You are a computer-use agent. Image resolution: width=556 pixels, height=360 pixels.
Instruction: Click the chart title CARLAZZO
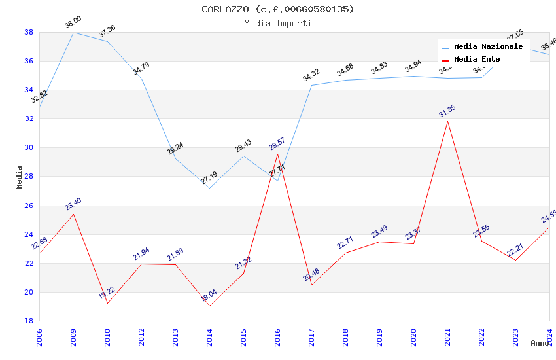(277, 9)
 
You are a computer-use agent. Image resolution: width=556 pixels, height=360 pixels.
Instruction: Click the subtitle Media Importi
(277, 24)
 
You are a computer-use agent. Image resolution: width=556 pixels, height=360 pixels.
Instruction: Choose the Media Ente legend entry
(477, 59)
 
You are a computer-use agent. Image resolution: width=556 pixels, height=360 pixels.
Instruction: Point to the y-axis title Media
(20, 177)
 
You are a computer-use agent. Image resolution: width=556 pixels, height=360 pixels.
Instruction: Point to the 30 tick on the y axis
(29, 148)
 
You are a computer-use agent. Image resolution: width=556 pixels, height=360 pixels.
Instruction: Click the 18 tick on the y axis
(29, 321)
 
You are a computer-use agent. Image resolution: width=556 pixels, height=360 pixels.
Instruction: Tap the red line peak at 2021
(447, 121)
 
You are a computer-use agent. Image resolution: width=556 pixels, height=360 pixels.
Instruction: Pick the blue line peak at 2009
(73, 32)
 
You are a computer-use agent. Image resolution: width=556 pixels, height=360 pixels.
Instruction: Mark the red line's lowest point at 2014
(209, 306)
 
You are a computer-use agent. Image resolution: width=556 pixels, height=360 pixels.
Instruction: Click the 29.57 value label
(277, 144)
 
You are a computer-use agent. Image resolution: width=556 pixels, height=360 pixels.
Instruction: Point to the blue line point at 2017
(311, 85)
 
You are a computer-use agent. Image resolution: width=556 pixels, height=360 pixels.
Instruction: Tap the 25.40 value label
(73, 204)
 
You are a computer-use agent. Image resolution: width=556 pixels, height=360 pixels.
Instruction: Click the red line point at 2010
(107, 303)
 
